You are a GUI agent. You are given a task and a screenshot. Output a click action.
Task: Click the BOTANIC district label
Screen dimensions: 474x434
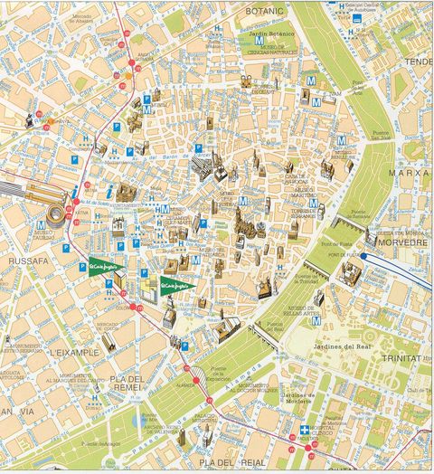pyautogui.click(x=265, y=11)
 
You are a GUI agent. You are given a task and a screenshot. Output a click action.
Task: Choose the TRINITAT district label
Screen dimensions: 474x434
pyautogui.click(x=402, y=359)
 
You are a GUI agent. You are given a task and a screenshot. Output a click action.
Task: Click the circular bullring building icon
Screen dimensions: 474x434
pyautogui.click(x=55, y=218)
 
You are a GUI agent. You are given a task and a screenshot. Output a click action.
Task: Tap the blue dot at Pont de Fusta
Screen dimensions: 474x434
pyautogui.click(x=363, y=256)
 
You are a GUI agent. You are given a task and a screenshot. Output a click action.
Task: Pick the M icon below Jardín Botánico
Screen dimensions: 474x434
pyautogui.click(x=259, y=41)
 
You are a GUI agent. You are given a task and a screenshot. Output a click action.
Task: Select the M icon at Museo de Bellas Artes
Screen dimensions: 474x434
pyautogui.click(x=316, y=319)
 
